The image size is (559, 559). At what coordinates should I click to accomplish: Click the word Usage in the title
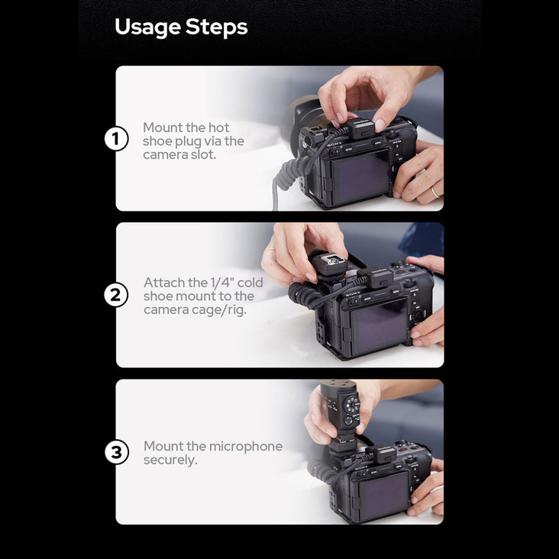147,27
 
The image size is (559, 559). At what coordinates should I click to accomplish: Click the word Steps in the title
216,27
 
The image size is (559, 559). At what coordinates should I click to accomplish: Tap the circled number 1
116,138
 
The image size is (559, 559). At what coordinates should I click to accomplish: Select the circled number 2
116,295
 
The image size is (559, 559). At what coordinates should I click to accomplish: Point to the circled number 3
117,452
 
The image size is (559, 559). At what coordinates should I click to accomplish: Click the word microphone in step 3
246,446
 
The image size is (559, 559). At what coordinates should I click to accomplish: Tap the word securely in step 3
170,460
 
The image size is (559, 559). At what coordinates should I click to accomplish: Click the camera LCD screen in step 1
360,176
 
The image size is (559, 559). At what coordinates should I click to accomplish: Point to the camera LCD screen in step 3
384,495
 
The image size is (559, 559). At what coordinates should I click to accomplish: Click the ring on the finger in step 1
435,193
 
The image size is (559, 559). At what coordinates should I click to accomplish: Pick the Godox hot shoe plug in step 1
361,129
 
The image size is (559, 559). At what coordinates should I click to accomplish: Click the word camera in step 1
163,155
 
